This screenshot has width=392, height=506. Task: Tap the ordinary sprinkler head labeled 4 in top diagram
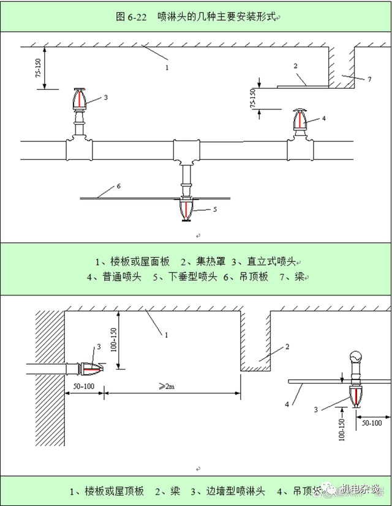[299, 121]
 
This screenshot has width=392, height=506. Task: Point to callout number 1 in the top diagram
[166, 67]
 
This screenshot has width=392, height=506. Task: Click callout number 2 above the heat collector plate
[295, 65]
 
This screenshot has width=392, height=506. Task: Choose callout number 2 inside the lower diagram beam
[285, 346]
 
